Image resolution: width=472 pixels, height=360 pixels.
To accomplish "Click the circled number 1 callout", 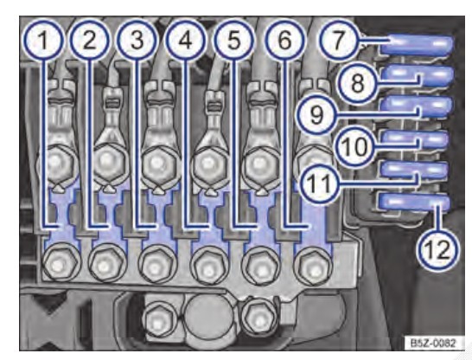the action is [44, 41].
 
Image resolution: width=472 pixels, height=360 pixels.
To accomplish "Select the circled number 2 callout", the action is [90, 41].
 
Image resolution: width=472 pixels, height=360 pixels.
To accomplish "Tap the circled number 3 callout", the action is [137, 41].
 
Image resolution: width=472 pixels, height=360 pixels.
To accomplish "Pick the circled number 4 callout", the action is [186, 41].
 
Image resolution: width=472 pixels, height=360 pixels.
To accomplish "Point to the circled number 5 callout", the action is [234, 41].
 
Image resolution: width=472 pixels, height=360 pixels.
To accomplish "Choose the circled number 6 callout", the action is [285, 41].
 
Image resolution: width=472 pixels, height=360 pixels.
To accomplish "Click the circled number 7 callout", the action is [339, 41].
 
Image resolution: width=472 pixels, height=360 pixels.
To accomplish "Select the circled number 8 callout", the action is [357, 83].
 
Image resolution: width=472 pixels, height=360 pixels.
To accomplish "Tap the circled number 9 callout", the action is [316, 114].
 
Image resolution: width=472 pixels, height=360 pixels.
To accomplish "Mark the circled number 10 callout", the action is [355, 147].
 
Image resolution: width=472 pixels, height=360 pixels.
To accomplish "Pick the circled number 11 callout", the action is [320, 183].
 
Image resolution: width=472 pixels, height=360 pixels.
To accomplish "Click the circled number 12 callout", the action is [438, 250].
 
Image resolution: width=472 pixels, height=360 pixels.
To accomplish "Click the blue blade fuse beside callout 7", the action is [417, 46].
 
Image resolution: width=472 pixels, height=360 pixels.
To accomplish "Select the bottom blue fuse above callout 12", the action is [414, 202].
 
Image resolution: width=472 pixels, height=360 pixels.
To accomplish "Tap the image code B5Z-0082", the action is [433, 343].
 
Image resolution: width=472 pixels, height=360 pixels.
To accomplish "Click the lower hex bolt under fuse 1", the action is [61, 261].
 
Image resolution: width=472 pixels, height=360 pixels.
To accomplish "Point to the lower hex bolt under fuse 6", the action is [313, 265].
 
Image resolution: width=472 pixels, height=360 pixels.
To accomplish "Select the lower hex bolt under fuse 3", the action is [157, 264].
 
